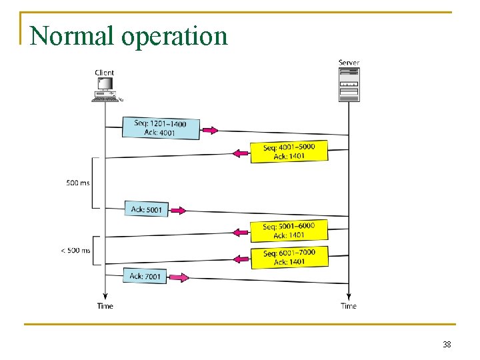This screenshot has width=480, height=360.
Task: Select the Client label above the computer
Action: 105,73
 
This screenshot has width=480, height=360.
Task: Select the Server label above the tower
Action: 349,63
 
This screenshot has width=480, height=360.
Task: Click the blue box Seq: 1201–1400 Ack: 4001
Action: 160,128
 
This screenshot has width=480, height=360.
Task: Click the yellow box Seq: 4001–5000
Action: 289,151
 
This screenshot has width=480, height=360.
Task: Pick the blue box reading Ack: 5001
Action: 146,209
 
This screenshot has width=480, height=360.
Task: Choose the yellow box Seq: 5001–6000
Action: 289,231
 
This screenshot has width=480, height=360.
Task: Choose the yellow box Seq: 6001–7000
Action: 289,257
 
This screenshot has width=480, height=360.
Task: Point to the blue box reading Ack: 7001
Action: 145,276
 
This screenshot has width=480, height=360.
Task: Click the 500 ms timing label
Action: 78,183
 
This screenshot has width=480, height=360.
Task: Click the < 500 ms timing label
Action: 75,251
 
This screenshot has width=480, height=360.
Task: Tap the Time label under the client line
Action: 105,306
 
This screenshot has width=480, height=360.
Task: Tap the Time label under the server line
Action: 349,306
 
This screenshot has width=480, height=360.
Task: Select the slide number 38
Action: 447,345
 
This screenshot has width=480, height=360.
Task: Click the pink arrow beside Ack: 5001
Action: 177,211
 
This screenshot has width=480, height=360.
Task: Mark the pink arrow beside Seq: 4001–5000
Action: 241,153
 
